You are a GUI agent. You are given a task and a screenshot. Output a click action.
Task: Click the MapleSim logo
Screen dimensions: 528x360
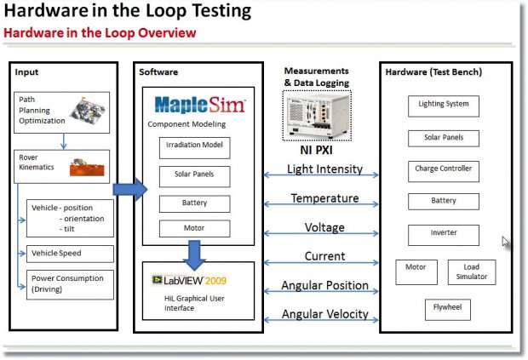tap(200, 105)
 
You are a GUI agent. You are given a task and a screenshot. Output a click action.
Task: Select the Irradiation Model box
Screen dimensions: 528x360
tap(195, 148)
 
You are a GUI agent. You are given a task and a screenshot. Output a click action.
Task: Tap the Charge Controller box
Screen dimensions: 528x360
tap(444, 172)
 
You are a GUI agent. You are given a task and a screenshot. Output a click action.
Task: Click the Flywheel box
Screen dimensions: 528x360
tap(447, 310)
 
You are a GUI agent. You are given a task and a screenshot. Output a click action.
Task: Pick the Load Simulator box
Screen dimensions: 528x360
tap(472, 272)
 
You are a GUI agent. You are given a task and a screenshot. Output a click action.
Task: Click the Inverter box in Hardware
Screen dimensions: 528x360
tap(444, 235)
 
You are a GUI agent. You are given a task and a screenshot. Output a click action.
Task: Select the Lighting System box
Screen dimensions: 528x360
tap(444, 106)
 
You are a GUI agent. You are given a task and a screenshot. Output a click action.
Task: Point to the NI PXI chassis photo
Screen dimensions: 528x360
tap(317, 116)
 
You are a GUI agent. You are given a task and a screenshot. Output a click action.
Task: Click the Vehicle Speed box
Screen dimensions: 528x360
tap(70, 254)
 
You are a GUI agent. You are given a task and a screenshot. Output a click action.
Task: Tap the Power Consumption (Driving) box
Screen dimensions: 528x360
tap(70, 284)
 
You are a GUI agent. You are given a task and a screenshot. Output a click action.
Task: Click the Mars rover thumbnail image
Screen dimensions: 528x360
tap(87, 167)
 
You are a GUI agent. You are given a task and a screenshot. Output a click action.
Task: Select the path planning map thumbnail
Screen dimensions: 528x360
tap(88, 111)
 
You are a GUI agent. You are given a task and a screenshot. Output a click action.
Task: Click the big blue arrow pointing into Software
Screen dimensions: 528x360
tap(130, 190)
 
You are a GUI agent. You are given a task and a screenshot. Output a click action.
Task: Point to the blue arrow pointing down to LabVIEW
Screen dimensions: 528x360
tap(194, 255)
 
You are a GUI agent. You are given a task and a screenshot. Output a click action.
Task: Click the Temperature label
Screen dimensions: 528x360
tap(324, 198)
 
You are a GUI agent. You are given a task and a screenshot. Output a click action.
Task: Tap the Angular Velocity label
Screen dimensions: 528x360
tap(325, 314)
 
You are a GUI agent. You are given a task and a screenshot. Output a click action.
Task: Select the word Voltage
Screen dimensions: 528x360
tap(324, 227)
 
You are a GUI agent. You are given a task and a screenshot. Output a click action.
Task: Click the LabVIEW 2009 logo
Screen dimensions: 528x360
tap(189, 280)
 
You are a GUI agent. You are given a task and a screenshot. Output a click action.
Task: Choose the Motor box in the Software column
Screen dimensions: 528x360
tap(195, 228)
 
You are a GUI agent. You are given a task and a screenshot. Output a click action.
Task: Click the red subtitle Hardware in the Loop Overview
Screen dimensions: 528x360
tap(100, 33)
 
